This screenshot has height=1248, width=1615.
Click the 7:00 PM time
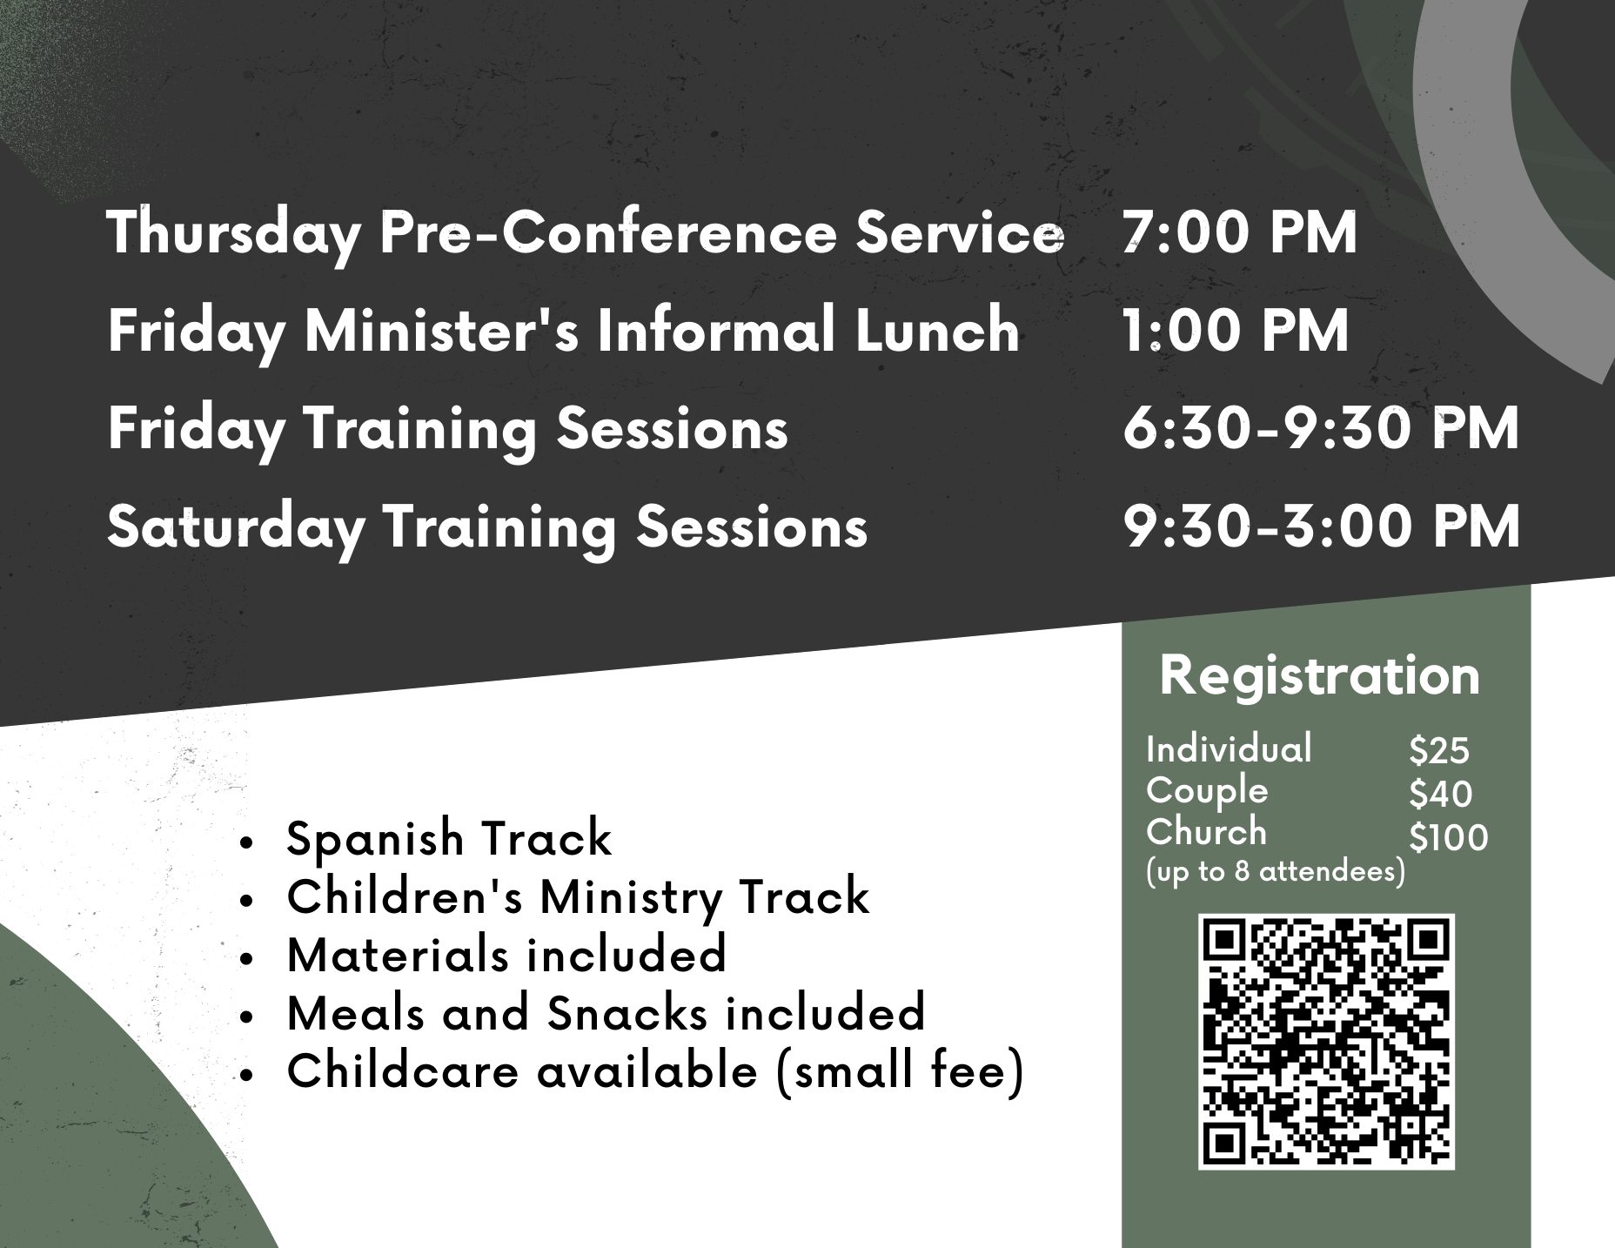click(x=1240, y=232)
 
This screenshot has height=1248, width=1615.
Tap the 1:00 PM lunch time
click(x=1236, y=331)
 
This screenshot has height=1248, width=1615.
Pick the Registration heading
click(x=1320, y=676)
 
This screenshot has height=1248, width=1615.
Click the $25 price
click(x=1439, y=750)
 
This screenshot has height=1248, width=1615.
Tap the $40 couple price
click(x=1440, y=794)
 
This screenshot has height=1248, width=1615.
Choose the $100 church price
click(x=1449, y=837)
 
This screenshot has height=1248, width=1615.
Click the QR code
click(x=1326, y=1041)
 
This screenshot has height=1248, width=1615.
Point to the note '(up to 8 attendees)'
click(x=1276, y=871)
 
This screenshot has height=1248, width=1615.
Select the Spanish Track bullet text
click(x=449, y=839)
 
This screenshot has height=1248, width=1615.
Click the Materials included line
click(x=506, y=954)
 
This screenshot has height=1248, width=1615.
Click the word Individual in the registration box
click(x=1229, y=749)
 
